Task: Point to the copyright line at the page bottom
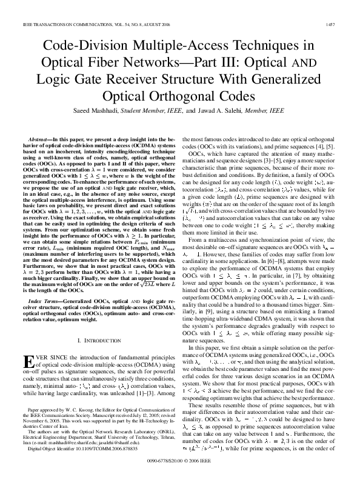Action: click(180, 462)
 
